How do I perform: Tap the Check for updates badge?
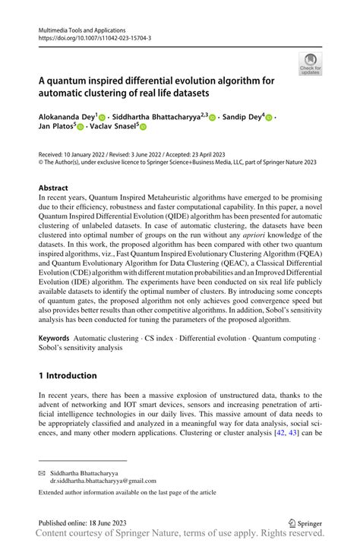[310, 64]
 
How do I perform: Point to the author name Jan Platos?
[55, 127]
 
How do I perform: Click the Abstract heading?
[52, 187]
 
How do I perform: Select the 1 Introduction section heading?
[68, 375]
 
